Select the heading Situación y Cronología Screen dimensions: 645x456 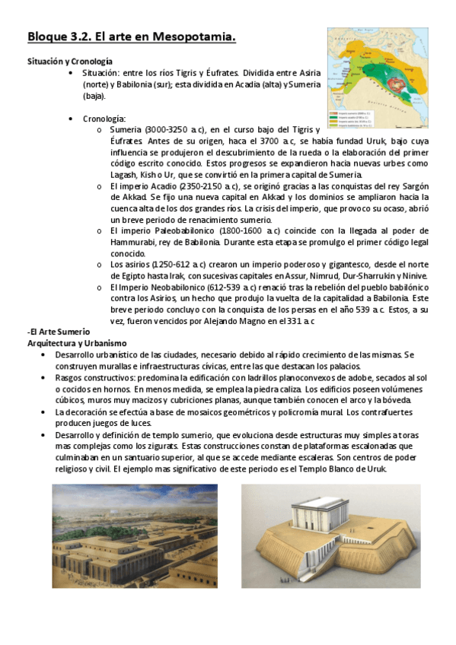(x=70, y=60)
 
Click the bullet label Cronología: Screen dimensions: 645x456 (x=104, y=119)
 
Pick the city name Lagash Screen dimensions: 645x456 (x=126, y=175)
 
